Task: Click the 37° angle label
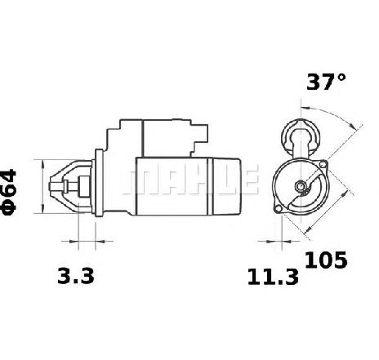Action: (326, 82)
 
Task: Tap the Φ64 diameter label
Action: (8, 192)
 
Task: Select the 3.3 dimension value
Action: (76, 276)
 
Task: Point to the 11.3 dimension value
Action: (273, 277)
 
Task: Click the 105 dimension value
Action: (326, 260)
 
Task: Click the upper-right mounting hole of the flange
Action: (323, 164)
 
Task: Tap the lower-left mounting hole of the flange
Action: (278, 208)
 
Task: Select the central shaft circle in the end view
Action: (301, 186)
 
